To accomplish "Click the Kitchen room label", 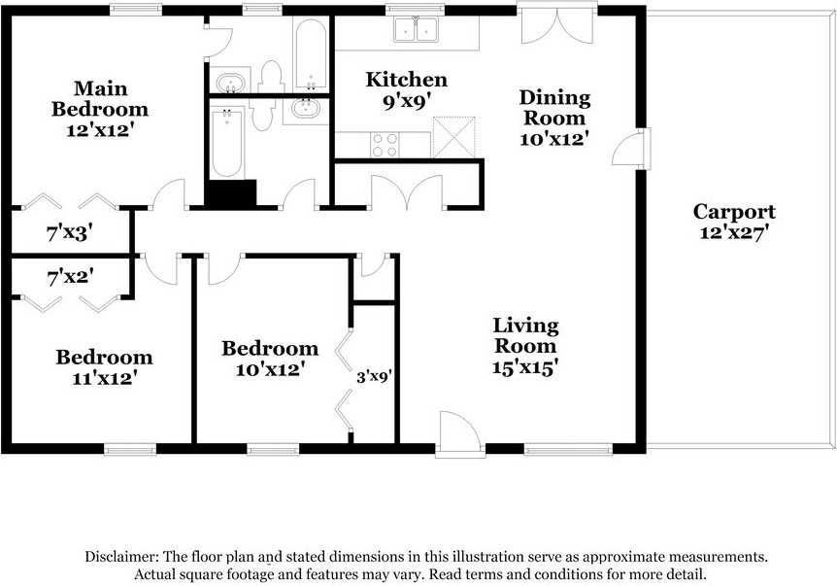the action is coord(406,80).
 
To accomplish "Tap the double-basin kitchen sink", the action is coord(416,29).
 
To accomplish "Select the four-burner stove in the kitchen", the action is coord(385,145).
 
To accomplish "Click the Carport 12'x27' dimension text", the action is coord(733,232).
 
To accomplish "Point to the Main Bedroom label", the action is coord(100,99).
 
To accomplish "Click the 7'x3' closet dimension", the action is coord(70,233).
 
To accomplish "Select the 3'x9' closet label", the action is coord(374,377).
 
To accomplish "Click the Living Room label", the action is coord(525,335).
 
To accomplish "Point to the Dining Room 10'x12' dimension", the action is coord(554,139).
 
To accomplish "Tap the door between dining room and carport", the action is coord(631,149).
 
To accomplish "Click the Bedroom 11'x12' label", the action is coord(104,367).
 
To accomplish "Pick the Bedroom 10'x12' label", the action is coord(270,359).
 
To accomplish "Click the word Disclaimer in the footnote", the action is coord(121,556).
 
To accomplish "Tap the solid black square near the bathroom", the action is coord(230,192).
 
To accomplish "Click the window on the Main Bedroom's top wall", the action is coord(136,9).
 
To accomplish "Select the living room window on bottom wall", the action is coord(568,450).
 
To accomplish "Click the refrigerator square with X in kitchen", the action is coord(453,137).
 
